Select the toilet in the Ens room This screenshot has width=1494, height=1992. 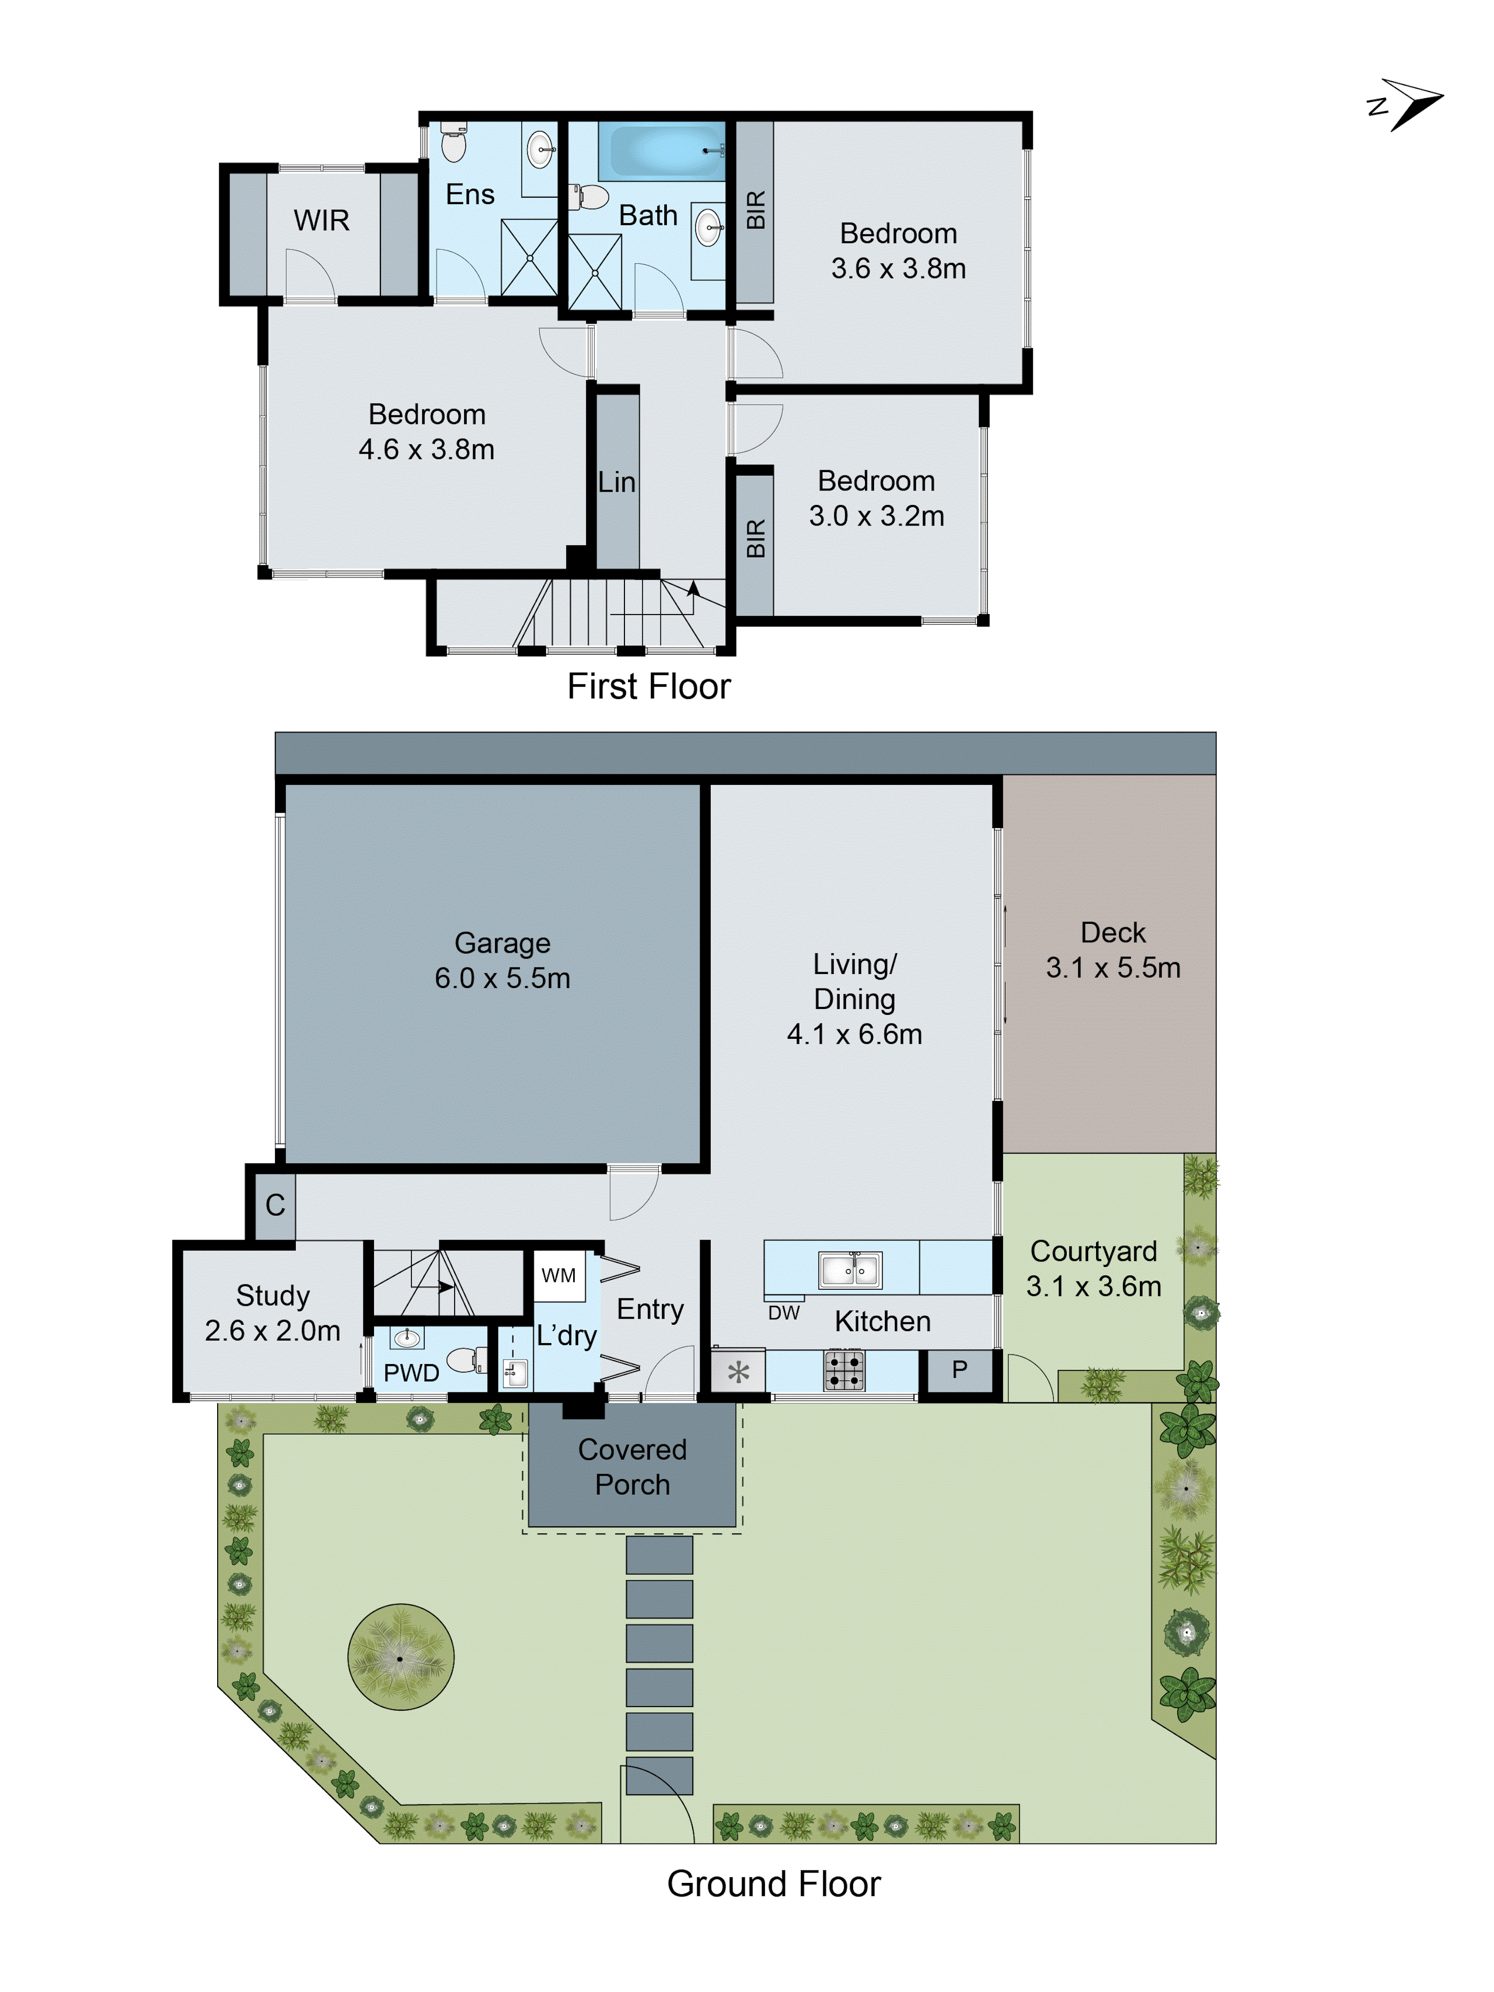453,143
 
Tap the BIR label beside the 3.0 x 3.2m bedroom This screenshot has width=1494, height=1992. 754,538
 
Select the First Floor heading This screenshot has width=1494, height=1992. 648,686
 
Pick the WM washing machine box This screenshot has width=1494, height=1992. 558,1275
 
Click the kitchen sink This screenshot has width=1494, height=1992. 849,1270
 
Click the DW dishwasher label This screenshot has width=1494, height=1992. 783,1313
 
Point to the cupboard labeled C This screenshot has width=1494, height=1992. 275,1205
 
